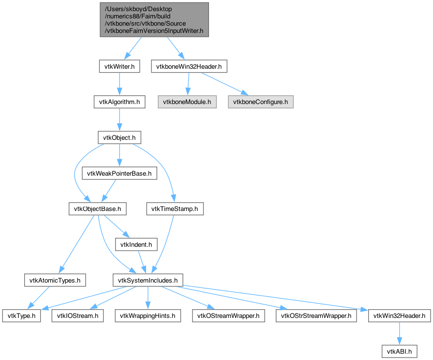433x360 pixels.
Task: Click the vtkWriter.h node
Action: [119, 66]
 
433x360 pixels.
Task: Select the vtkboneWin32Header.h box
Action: [189, 66]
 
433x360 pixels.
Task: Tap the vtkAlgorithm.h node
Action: [119, 102]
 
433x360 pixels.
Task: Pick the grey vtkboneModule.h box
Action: [187, 102]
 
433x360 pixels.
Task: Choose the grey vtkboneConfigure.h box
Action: [261, 102]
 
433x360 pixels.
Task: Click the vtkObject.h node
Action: [119, 137]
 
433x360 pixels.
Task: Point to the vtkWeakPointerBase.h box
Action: [119, 173]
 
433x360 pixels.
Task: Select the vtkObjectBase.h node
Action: [97, 209]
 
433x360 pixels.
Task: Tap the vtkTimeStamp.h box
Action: [175, 209]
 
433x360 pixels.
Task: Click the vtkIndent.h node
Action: [136, 244]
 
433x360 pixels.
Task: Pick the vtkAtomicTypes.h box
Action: [55, 280]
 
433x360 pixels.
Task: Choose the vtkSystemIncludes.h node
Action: [148, 280]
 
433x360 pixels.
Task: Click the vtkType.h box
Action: [22, 315]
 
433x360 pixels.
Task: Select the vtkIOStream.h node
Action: [77, 315]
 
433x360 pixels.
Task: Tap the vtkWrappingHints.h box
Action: [148, 315]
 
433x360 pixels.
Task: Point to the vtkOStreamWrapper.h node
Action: [229, 315]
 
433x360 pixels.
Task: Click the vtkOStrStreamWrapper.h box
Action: [316, 315]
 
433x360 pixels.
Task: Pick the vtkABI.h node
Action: [399, 351]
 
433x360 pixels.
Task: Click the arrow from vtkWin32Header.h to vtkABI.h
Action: [399, 333]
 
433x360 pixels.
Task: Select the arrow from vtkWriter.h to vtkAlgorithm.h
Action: [119, 84]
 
